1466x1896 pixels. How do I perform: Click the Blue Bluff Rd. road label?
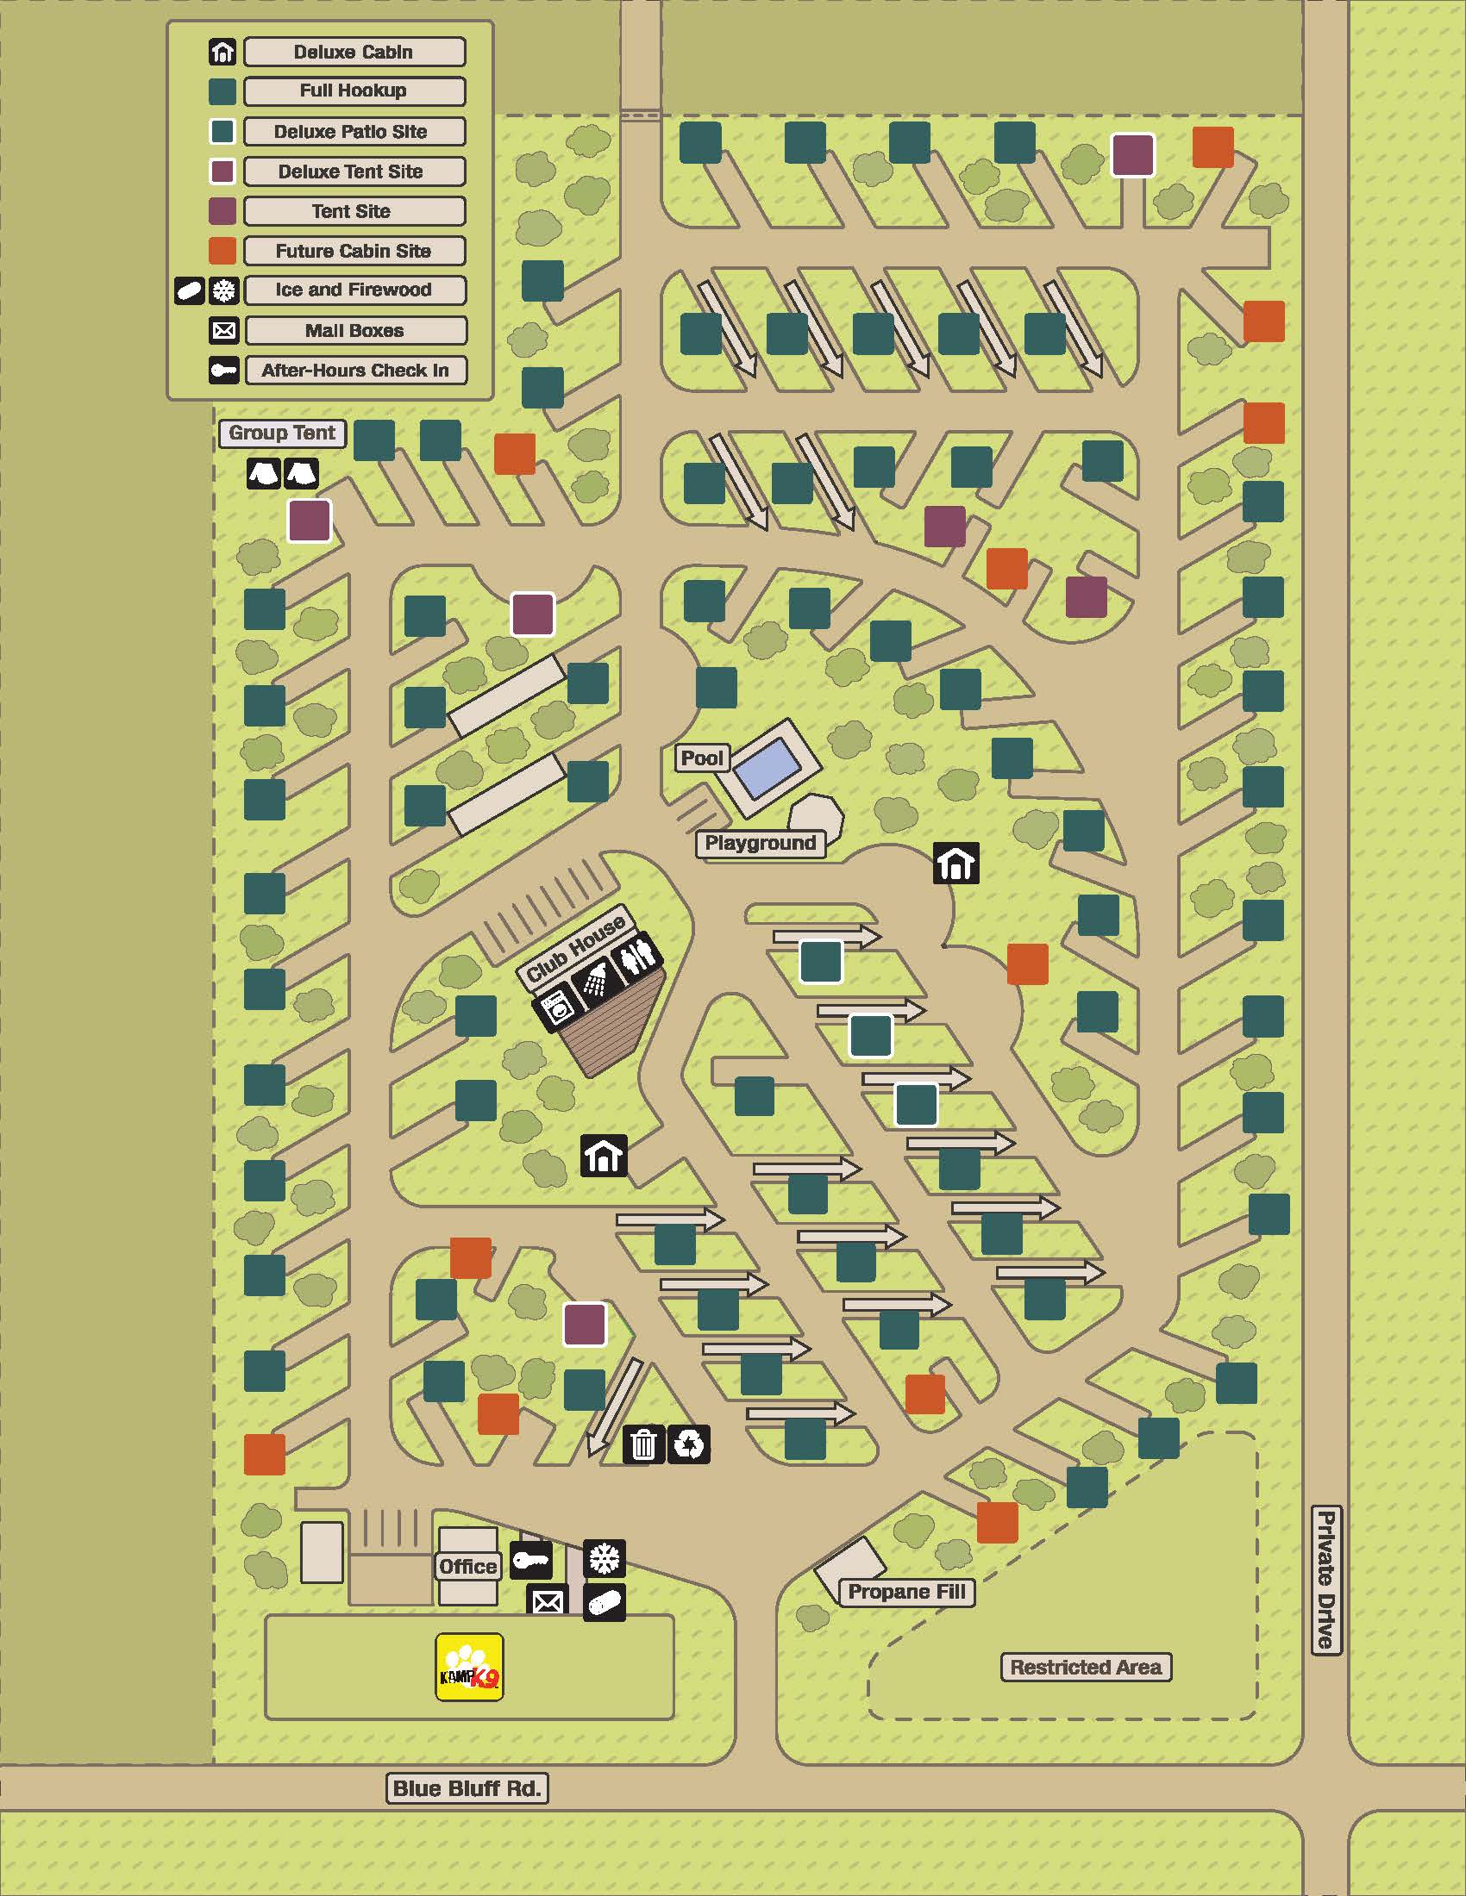(x=467, y=1788)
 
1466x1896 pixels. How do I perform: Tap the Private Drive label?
(x=1326, y=1580)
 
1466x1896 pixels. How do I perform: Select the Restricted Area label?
(x=1086, y=1667)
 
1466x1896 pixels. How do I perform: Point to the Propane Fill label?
(x=905, y=1592)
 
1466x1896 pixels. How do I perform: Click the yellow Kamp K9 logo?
(x=469, y=1668)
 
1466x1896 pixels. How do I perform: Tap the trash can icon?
(x=643, y=1444)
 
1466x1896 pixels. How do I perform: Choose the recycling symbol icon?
(x=690, y=1444)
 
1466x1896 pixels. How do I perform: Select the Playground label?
(x=760, y=843)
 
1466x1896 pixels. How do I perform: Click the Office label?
(x=468, y=1566)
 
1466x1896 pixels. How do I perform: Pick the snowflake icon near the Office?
(x=604, y=1558)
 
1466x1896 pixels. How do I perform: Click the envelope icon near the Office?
(x=547, y=1602)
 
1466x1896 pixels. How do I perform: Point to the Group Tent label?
(x=281, y=433)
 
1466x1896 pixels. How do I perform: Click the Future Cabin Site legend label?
(x=354, y=251)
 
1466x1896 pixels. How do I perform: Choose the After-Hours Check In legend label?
(x=355, y=371)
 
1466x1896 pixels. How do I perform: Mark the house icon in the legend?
(x=223, y=52)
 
